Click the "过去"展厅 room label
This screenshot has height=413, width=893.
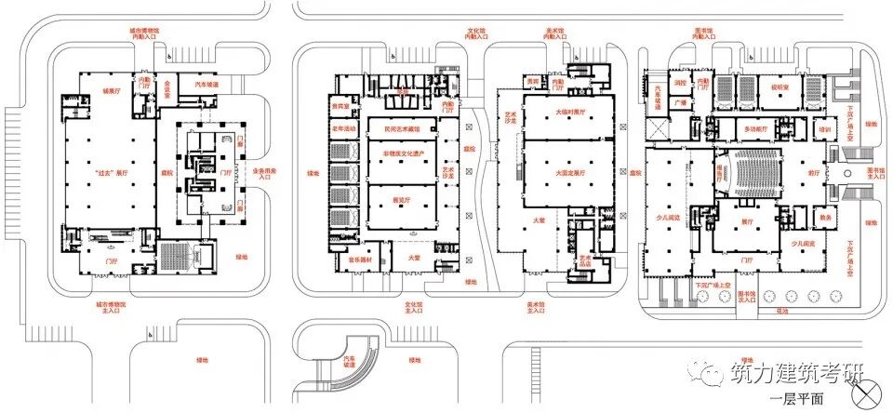111,173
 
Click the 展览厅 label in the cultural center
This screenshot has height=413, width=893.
401,199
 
